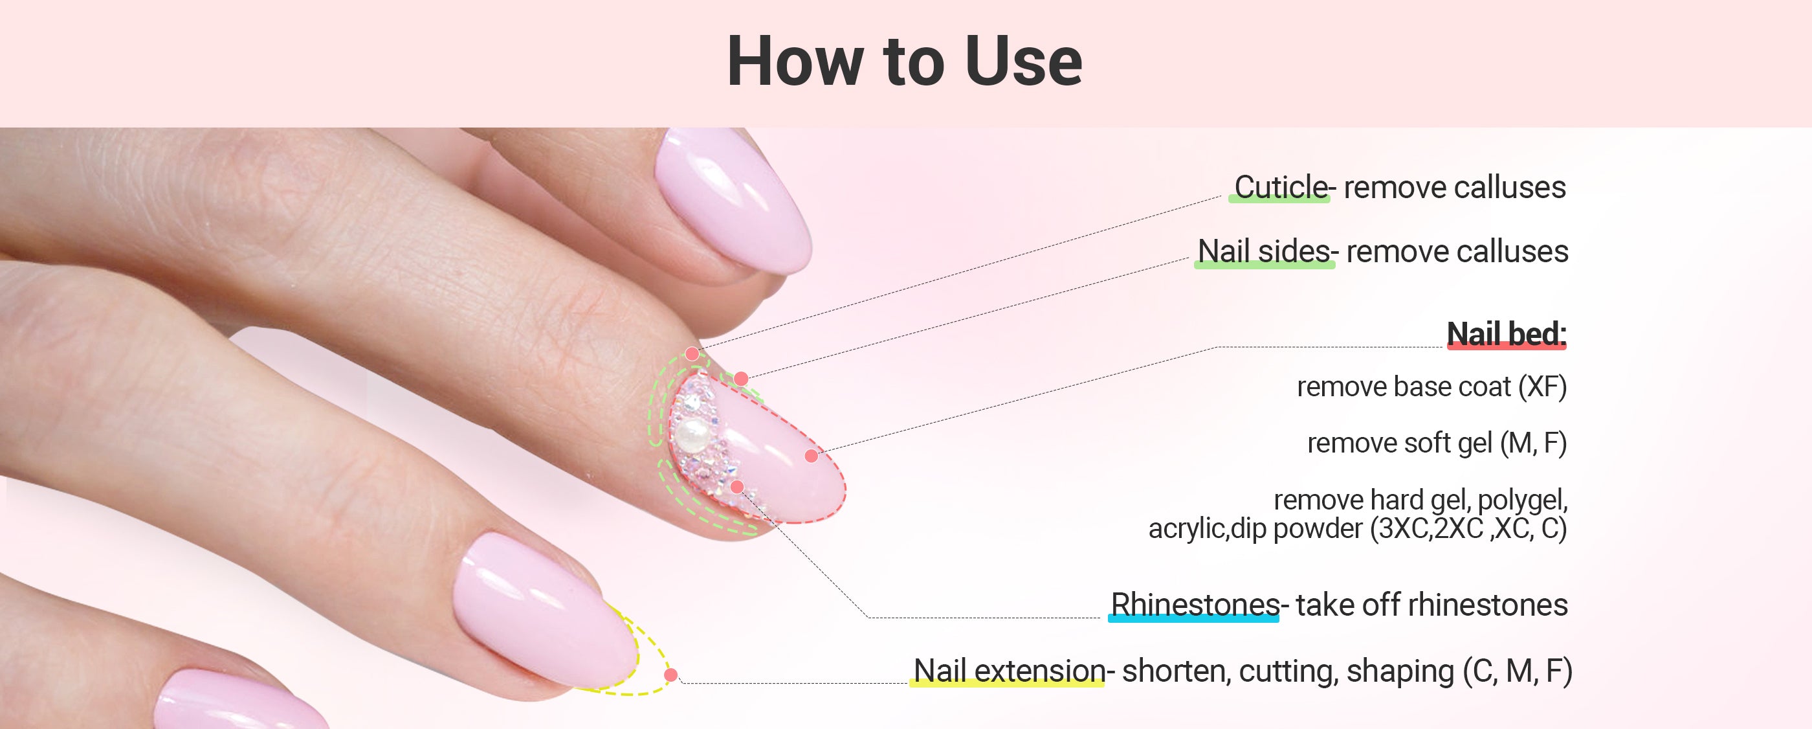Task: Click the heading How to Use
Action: [x=904, y=62]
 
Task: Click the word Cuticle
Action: [x=1280, y=187]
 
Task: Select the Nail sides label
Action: [x=1263, y=251]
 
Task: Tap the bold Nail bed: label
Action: [x=1507, y=333]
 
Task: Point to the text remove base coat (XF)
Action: [x=1431, y=387]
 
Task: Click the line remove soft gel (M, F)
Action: [x=1437, y=443]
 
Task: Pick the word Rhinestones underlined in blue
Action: [x=1195, y=605]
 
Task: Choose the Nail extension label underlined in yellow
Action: [x=1010, y=671]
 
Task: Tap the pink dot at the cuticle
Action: [x=692, y=354]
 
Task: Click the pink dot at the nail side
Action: [x=741, y=379]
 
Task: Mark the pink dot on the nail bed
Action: [x=811, y=456]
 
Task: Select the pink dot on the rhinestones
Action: [x=737, y=486]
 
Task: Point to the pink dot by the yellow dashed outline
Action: [x=671, y=675]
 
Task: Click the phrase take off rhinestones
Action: [x=1431, y=605]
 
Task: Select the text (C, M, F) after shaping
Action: [x=1518, y=671]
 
